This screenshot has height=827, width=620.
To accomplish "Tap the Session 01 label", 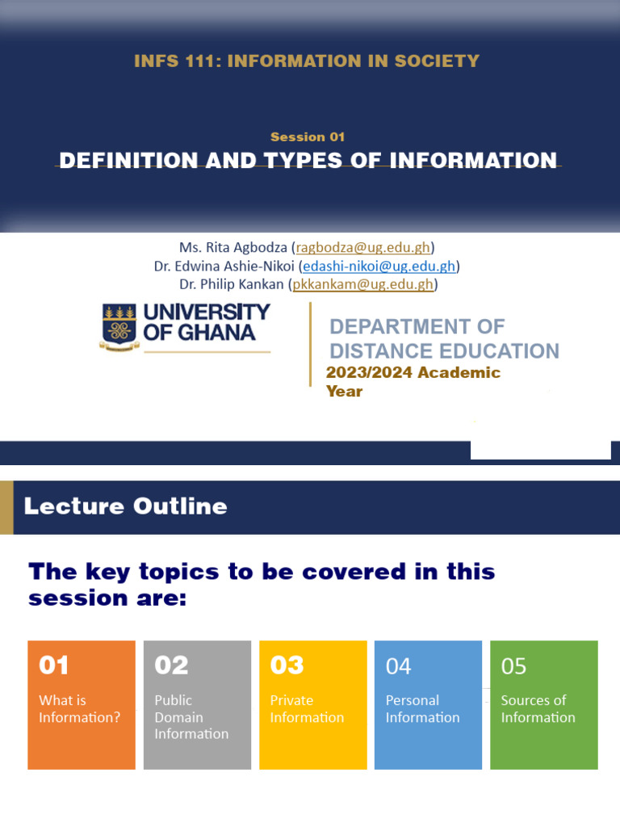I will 308,137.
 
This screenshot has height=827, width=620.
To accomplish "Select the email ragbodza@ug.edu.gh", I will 363,247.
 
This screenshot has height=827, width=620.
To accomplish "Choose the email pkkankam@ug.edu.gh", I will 364,284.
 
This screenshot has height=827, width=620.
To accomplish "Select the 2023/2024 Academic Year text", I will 413,381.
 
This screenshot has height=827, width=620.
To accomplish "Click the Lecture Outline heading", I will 126,506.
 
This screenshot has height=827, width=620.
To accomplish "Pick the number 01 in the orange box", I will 54,665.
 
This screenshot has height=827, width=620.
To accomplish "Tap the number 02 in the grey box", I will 171,665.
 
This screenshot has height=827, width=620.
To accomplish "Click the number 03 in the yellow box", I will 287,665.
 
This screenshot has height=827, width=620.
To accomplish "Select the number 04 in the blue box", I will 399,666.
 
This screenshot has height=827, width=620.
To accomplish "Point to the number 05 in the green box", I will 514,666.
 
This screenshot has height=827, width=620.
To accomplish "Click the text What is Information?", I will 79,709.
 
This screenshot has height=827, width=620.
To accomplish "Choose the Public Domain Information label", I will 191,717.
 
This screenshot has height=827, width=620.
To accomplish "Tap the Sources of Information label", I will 538,709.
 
